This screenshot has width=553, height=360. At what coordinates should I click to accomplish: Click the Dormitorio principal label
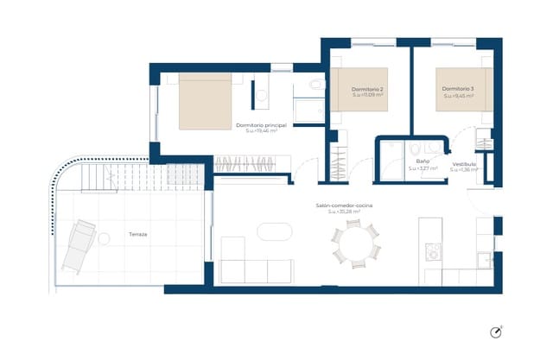click(x=260, y=125)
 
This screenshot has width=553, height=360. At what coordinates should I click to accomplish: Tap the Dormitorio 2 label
click(x=368, y=90)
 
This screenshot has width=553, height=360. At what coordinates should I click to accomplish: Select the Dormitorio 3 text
click(x=458, y=89)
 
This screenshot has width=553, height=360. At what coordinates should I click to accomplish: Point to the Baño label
click(x=423, y=161)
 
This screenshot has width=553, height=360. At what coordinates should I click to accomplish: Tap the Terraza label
click(x=137, y=235)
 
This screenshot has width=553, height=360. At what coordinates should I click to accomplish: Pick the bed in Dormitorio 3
click(x=464, y=89)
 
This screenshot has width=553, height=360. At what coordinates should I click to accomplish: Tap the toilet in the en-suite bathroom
click(x=316, y=85)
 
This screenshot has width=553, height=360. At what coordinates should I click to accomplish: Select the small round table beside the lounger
click(x=105, y=237)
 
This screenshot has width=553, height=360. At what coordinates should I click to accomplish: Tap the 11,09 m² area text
click(x=368, y=97)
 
